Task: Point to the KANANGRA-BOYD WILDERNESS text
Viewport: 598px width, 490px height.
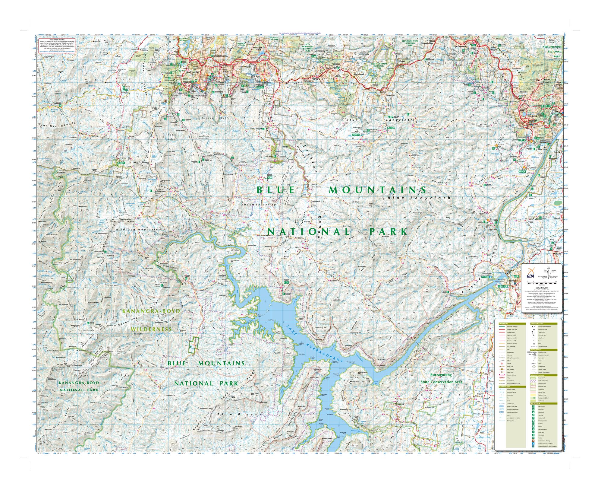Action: point(151,320)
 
